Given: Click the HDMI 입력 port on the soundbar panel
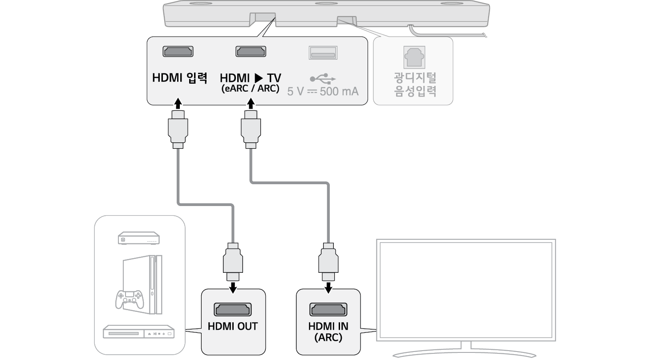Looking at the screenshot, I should [x=178, y=52].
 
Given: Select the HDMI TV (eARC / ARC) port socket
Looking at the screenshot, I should [x=251, y=52].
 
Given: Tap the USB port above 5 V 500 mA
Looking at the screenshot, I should [x=323, y=53].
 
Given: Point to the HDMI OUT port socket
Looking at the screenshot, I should [x=233, y=309].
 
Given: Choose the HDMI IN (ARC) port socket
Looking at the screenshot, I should [x=328, y=309].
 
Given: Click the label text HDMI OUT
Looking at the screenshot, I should [x=233, y=326].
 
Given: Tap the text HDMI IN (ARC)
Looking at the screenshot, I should [x=328, y=332].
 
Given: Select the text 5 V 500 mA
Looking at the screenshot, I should [x=323, y=92].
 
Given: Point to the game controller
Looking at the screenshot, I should [x=129, y=299].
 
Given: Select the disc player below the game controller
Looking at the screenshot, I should [x=138, y=332].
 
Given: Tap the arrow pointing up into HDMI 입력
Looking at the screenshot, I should [x=178, y=104].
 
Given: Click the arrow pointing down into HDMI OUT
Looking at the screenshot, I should [x=233, y=288].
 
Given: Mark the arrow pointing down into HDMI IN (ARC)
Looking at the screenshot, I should [x=328, y=288].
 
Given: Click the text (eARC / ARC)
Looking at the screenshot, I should [x=250, y=89].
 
